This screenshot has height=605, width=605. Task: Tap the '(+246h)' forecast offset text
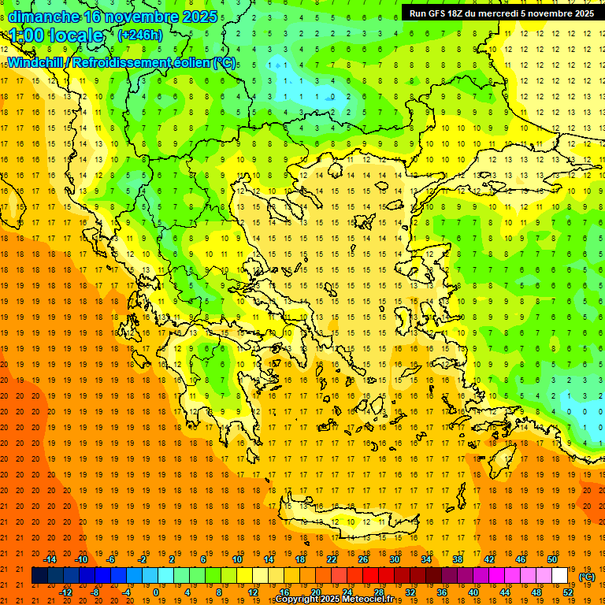(139, 35)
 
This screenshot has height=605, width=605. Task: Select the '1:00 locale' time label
(57, 35)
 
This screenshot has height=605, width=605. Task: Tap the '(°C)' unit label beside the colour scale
(587, 577)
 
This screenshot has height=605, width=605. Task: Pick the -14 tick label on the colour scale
(50, 559)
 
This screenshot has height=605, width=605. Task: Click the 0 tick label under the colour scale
(156, 592)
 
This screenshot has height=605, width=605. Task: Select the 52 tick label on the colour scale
(568, 592)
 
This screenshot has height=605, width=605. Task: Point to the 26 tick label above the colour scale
(362, 559)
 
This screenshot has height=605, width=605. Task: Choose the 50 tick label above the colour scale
(551, 559)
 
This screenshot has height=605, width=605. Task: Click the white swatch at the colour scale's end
(559, 576)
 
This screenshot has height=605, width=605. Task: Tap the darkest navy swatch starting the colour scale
(39, 576)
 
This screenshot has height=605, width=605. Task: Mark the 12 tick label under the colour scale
(253, 592)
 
